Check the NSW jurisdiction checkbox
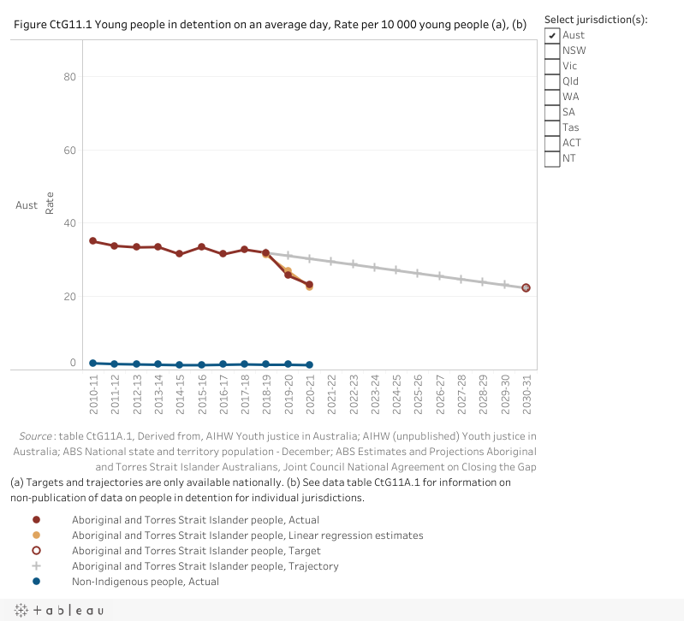point(553,50)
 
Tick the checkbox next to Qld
point(553,81)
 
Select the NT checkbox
point(553,158)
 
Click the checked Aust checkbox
point(553,35)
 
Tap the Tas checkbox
point(553,127)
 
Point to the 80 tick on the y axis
point(68,77)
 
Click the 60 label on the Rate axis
point(68,151)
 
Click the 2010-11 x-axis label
point(93,394)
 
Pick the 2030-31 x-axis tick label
point(526,394)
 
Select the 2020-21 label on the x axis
point(310,394)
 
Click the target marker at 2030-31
point(526,288)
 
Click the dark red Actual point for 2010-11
point(92,241)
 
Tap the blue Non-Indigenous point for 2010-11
point(92,364)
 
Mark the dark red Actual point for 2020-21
point(309,285)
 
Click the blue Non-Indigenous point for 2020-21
point(309,365)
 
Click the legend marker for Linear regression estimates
point(36,535)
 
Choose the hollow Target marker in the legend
point(36,551)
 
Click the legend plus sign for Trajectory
point(36,566)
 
